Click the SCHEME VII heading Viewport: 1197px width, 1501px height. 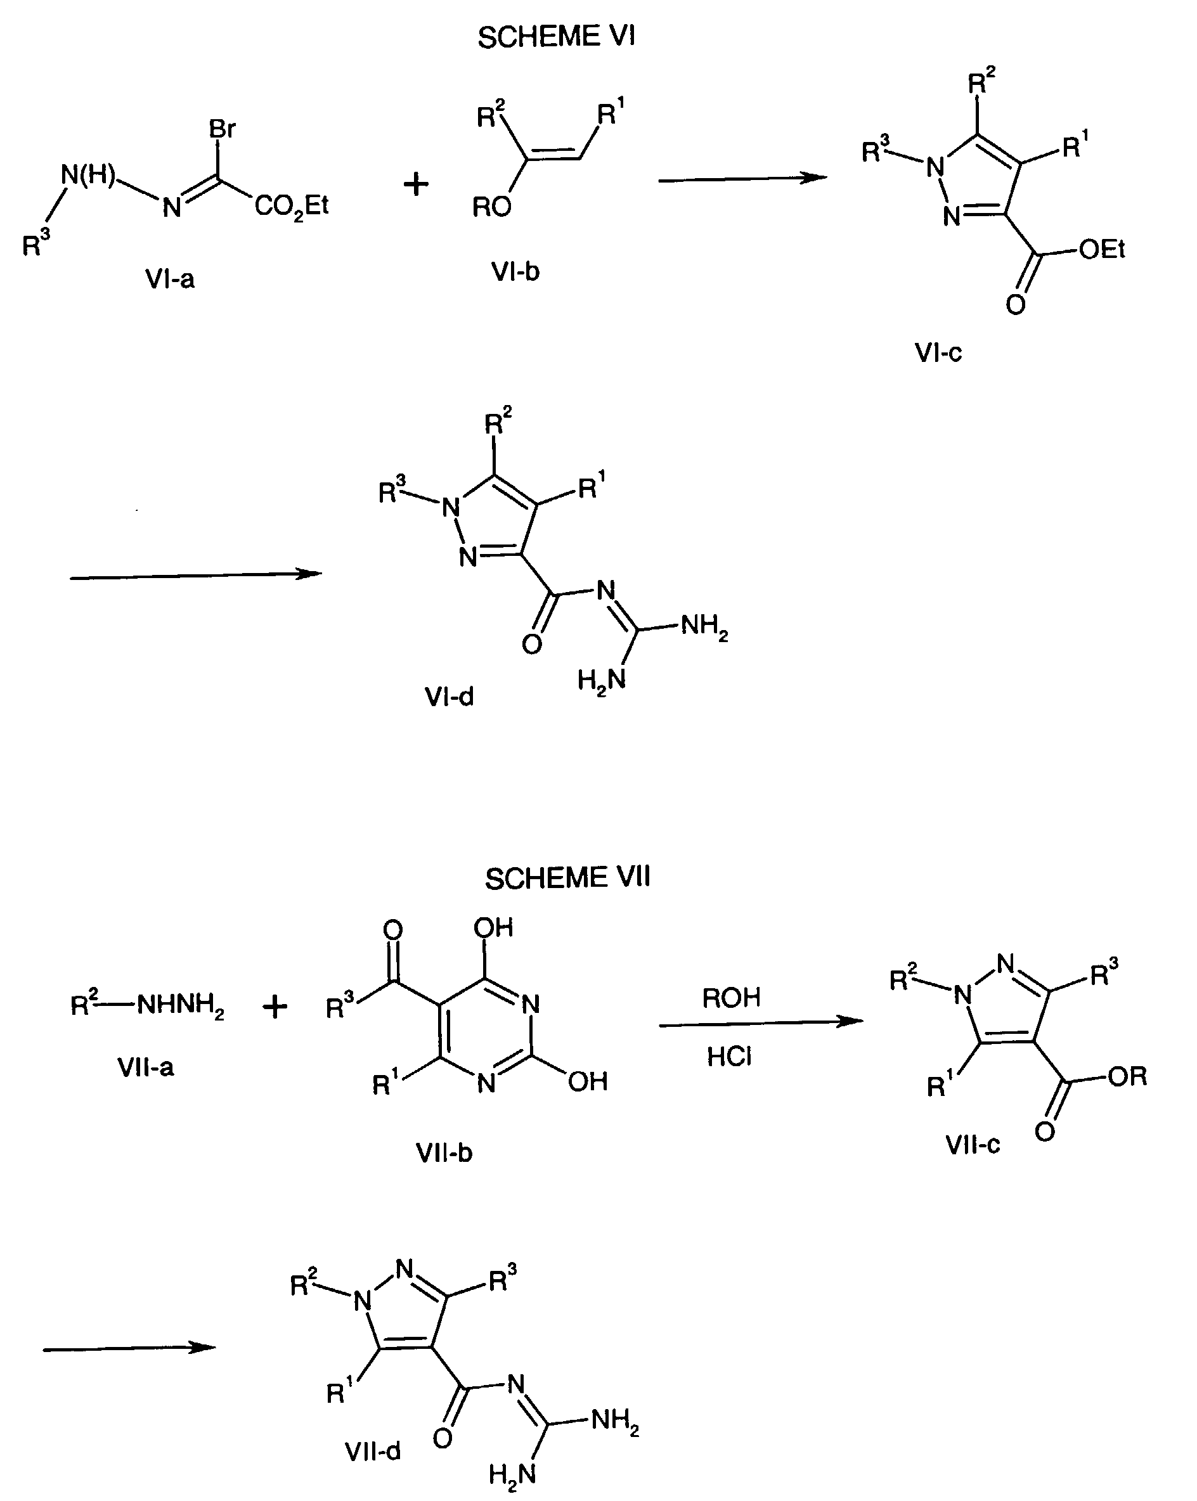tap(567, 878)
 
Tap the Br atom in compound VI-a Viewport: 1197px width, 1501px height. tap(222, 129)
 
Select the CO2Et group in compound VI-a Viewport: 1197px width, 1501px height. tap(292, 206)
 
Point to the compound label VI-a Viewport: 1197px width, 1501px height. tap(169, 279)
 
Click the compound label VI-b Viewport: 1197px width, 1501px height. tap(515, 271)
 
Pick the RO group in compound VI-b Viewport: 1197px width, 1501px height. tap(491, 207)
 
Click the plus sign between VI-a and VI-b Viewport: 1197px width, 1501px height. tap(416, 184)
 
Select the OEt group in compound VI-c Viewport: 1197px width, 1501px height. tap(1102, 249)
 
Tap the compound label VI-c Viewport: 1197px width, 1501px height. tap(938, 353)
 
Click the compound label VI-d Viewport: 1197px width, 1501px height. tap(449, 696)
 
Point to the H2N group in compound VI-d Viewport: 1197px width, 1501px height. tap(602, 680)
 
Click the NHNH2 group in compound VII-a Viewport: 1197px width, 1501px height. tap(180, 1005)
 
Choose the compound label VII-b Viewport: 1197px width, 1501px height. tap(444, 1153)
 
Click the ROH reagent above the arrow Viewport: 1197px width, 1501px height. tap(730, 998)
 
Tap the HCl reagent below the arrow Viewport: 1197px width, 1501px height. tap(729, 1057)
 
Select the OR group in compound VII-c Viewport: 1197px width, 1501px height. tap(1127, 1077)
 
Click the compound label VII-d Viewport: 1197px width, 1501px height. tap(373, 1451)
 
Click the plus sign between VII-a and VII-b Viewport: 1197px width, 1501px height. tap(275, 1007)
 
